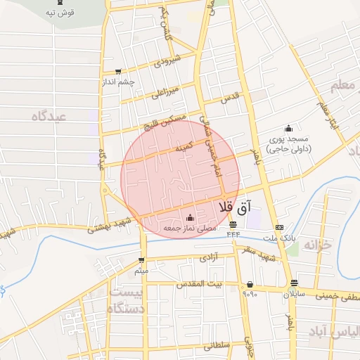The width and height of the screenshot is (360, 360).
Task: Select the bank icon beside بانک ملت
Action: click(x=280, y=227)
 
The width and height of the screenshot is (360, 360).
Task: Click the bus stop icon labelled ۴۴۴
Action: click(x=233, y=225)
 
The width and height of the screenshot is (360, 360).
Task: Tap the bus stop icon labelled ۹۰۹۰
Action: click(x=250, y=284)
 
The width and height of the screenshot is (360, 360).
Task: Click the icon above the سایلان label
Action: click(x=294, y=283)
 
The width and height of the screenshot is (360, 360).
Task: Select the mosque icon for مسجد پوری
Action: click(x=288, y=128)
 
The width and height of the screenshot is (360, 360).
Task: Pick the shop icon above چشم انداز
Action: click(x=117, y=71)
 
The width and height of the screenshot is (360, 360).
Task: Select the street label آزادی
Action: click(x=210, y=259)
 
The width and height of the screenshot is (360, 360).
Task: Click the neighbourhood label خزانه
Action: click(x=317, y=245)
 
